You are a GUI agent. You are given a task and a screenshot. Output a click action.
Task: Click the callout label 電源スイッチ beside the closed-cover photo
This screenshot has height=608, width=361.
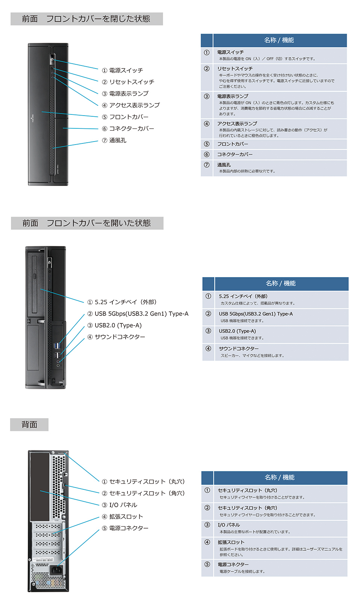click(126, 70)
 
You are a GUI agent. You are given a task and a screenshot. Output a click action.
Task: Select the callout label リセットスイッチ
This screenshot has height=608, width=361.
click(132, 82)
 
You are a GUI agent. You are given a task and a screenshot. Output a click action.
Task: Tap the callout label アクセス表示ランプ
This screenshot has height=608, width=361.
click(134, 105)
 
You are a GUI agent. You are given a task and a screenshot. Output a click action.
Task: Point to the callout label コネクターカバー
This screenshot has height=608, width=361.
click(132, 129)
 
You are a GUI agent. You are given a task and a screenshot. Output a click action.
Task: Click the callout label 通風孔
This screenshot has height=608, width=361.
click(118, 140)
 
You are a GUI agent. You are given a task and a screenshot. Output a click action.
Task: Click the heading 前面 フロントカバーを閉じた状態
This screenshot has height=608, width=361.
click(86, 19)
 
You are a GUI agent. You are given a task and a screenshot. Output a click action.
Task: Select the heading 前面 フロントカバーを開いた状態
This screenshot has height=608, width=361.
click(87, 223)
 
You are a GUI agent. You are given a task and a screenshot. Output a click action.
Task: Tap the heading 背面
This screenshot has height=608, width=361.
click(29, 425)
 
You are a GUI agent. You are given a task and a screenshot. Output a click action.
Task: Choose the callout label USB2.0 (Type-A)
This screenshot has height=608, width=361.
click(118, 326)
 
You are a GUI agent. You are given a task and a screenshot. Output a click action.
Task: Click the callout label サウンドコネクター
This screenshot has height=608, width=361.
click(120, 337)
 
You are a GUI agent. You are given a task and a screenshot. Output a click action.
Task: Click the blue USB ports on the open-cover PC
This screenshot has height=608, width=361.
click(57, 346)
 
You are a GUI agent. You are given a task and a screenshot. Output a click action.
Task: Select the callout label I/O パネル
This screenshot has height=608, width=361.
click(123, 505)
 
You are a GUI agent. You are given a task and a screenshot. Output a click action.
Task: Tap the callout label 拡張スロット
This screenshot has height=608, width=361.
click(126, 517)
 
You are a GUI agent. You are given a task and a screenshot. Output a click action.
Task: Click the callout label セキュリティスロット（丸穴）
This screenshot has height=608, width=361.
click(147, 482)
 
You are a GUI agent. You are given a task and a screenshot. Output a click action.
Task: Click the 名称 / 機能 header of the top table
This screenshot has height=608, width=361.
click(279, 40)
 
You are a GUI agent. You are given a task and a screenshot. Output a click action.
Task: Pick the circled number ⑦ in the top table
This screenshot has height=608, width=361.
click(207, 165)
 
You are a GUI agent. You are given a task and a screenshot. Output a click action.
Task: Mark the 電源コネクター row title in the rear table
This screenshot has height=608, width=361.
click(233, 565)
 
